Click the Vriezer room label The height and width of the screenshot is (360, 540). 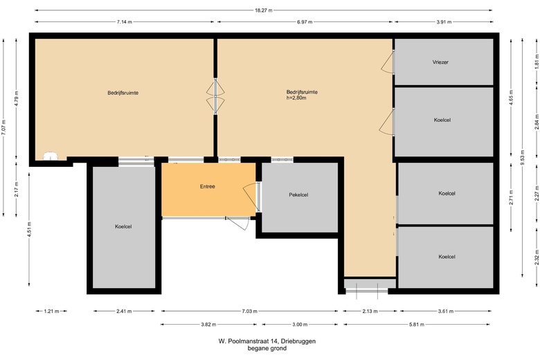pos(441,62)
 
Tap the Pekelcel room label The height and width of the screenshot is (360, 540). pos(298,195)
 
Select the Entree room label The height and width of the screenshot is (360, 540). pos(208,186)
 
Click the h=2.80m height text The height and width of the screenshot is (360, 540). pos(296,98)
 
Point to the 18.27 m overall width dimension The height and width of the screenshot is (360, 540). pos(264,10)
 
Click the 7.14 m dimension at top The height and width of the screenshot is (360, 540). pos(125,22)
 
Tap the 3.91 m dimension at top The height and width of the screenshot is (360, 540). pos(444,22)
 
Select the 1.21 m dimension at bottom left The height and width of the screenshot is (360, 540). pos(51,312)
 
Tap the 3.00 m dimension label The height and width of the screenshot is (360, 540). pos(299,324)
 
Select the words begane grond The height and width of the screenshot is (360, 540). pos(267,349)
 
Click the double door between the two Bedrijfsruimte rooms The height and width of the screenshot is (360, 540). pos(216,96)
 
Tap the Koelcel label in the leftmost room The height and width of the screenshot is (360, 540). pos(124,226)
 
